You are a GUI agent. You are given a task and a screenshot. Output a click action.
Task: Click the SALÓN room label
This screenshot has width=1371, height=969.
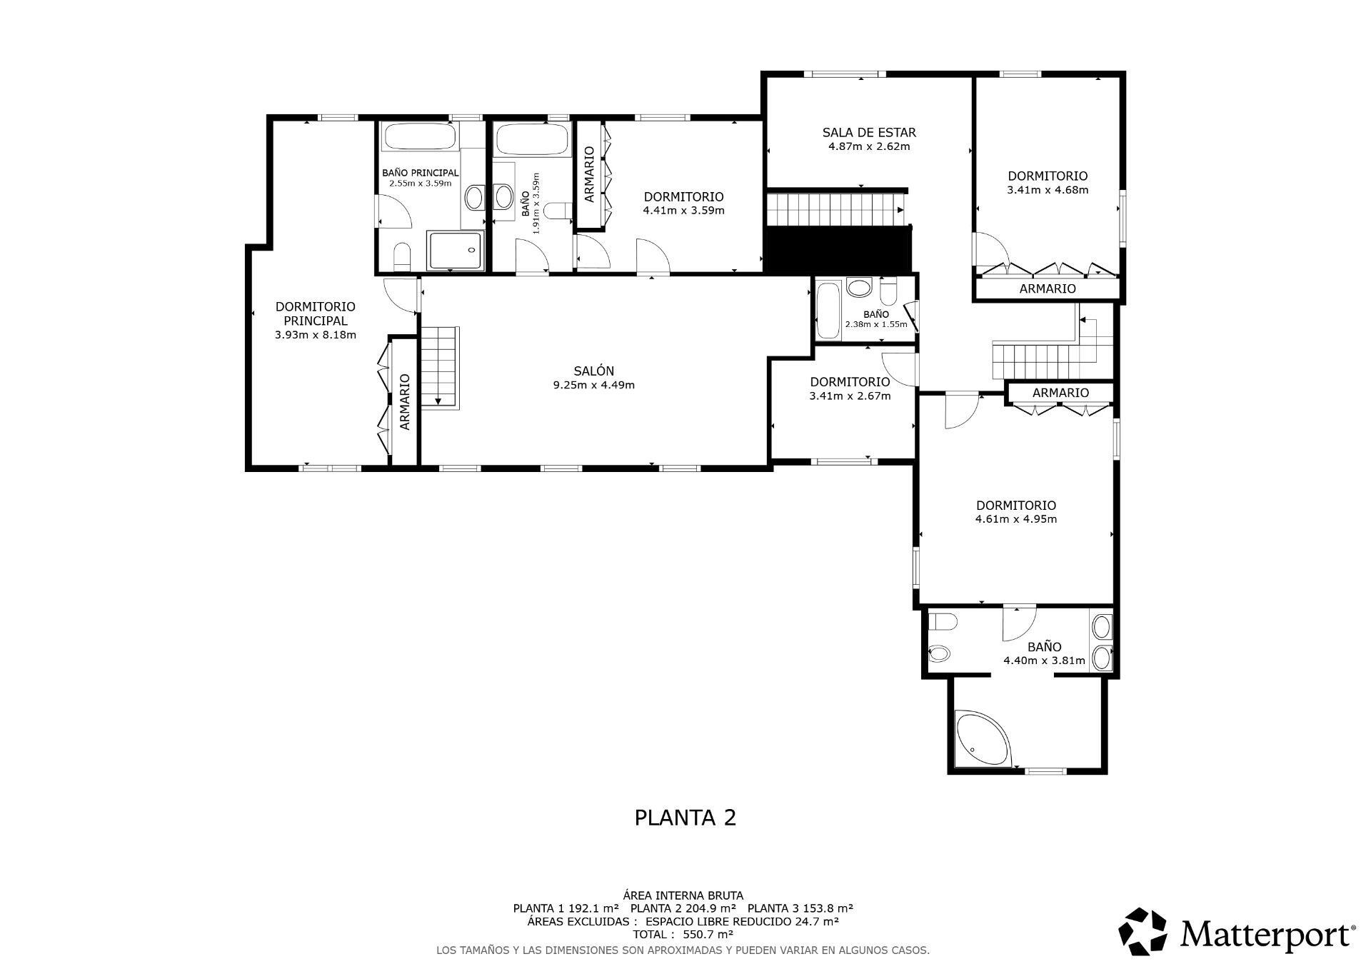tap(593, 371)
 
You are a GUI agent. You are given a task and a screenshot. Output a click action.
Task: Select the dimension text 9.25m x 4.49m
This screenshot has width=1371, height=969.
tap(593, 385)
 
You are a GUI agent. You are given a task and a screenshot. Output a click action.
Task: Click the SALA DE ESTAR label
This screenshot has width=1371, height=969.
tap(868, 132)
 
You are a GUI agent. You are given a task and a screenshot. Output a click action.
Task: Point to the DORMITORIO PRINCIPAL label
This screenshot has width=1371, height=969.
tap(315, 313)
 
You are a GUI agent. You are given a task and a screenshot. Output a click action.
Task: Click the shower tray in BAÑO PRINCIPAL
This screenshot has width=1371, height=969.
tap(455, 250)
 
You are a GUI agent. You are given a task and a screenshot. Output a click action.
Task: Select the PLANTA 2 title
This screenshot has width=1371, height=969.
tap(685, 818)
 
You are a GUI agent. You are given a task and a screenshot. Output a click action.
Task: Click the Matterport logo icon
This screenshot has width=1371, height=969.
tap(1142, 931)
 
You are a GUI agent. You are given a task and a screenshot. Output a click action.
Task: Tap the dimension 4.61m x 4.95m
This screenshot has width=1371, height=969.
tap(1015, 519)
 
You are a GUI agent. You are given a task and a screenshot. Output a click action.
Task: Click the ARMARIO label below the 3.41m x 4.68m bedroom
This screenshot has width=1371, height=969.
tap(1047, 288)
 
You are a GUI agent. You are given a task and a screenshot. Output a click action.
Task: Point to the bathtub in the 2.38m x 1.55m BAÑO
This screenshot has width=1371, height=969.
tap(828, 311)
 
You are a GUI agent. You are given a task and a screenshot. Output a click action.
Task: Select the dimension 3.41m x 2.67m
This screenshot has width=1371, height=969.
tap(850, 396)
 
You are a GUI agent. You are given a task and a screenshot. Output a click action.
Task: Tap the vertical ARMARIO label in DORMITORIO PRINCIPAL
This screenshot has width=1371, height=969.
tap(405, 402)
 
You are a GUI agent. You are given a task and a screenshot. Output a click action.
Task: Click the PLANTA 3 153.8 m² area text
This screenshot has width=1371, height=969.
tap(800, 908)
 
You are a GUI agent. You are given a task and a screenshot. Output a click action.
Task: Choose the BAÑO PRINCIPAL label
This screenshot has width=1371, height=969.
tap(420, 173)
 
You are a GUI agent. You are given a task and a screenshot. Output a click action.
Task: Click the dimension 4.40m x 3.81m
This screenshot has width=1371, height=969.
tap(1044, 661)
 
